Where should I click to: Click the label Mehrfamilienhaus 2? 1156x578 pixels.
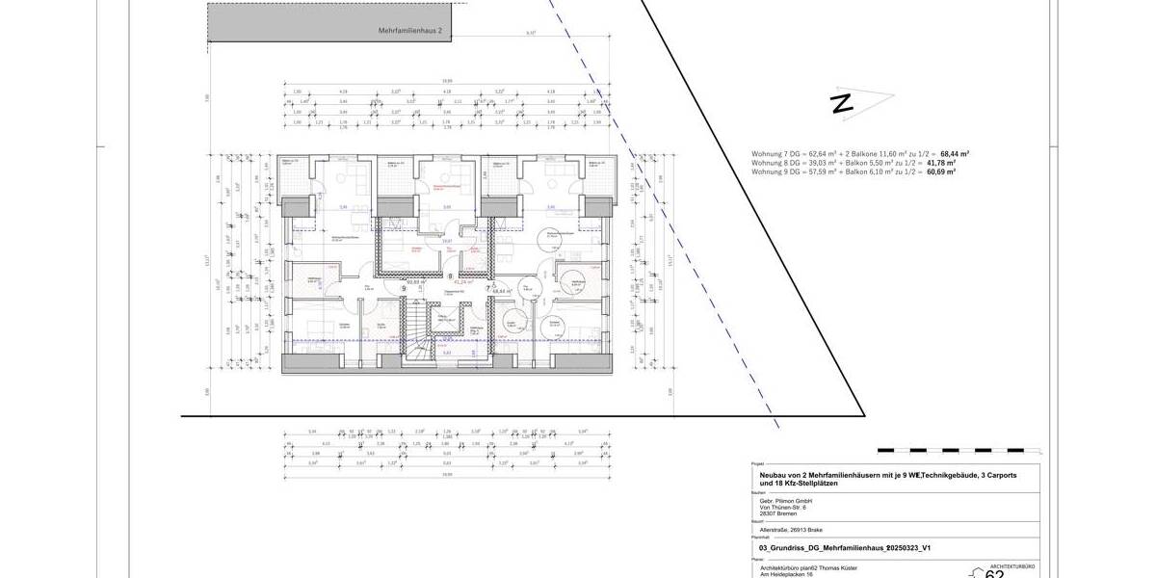tap(408, 32)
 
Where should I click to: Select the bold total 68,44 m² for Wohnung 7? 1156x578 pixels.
tap(955, 153)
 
